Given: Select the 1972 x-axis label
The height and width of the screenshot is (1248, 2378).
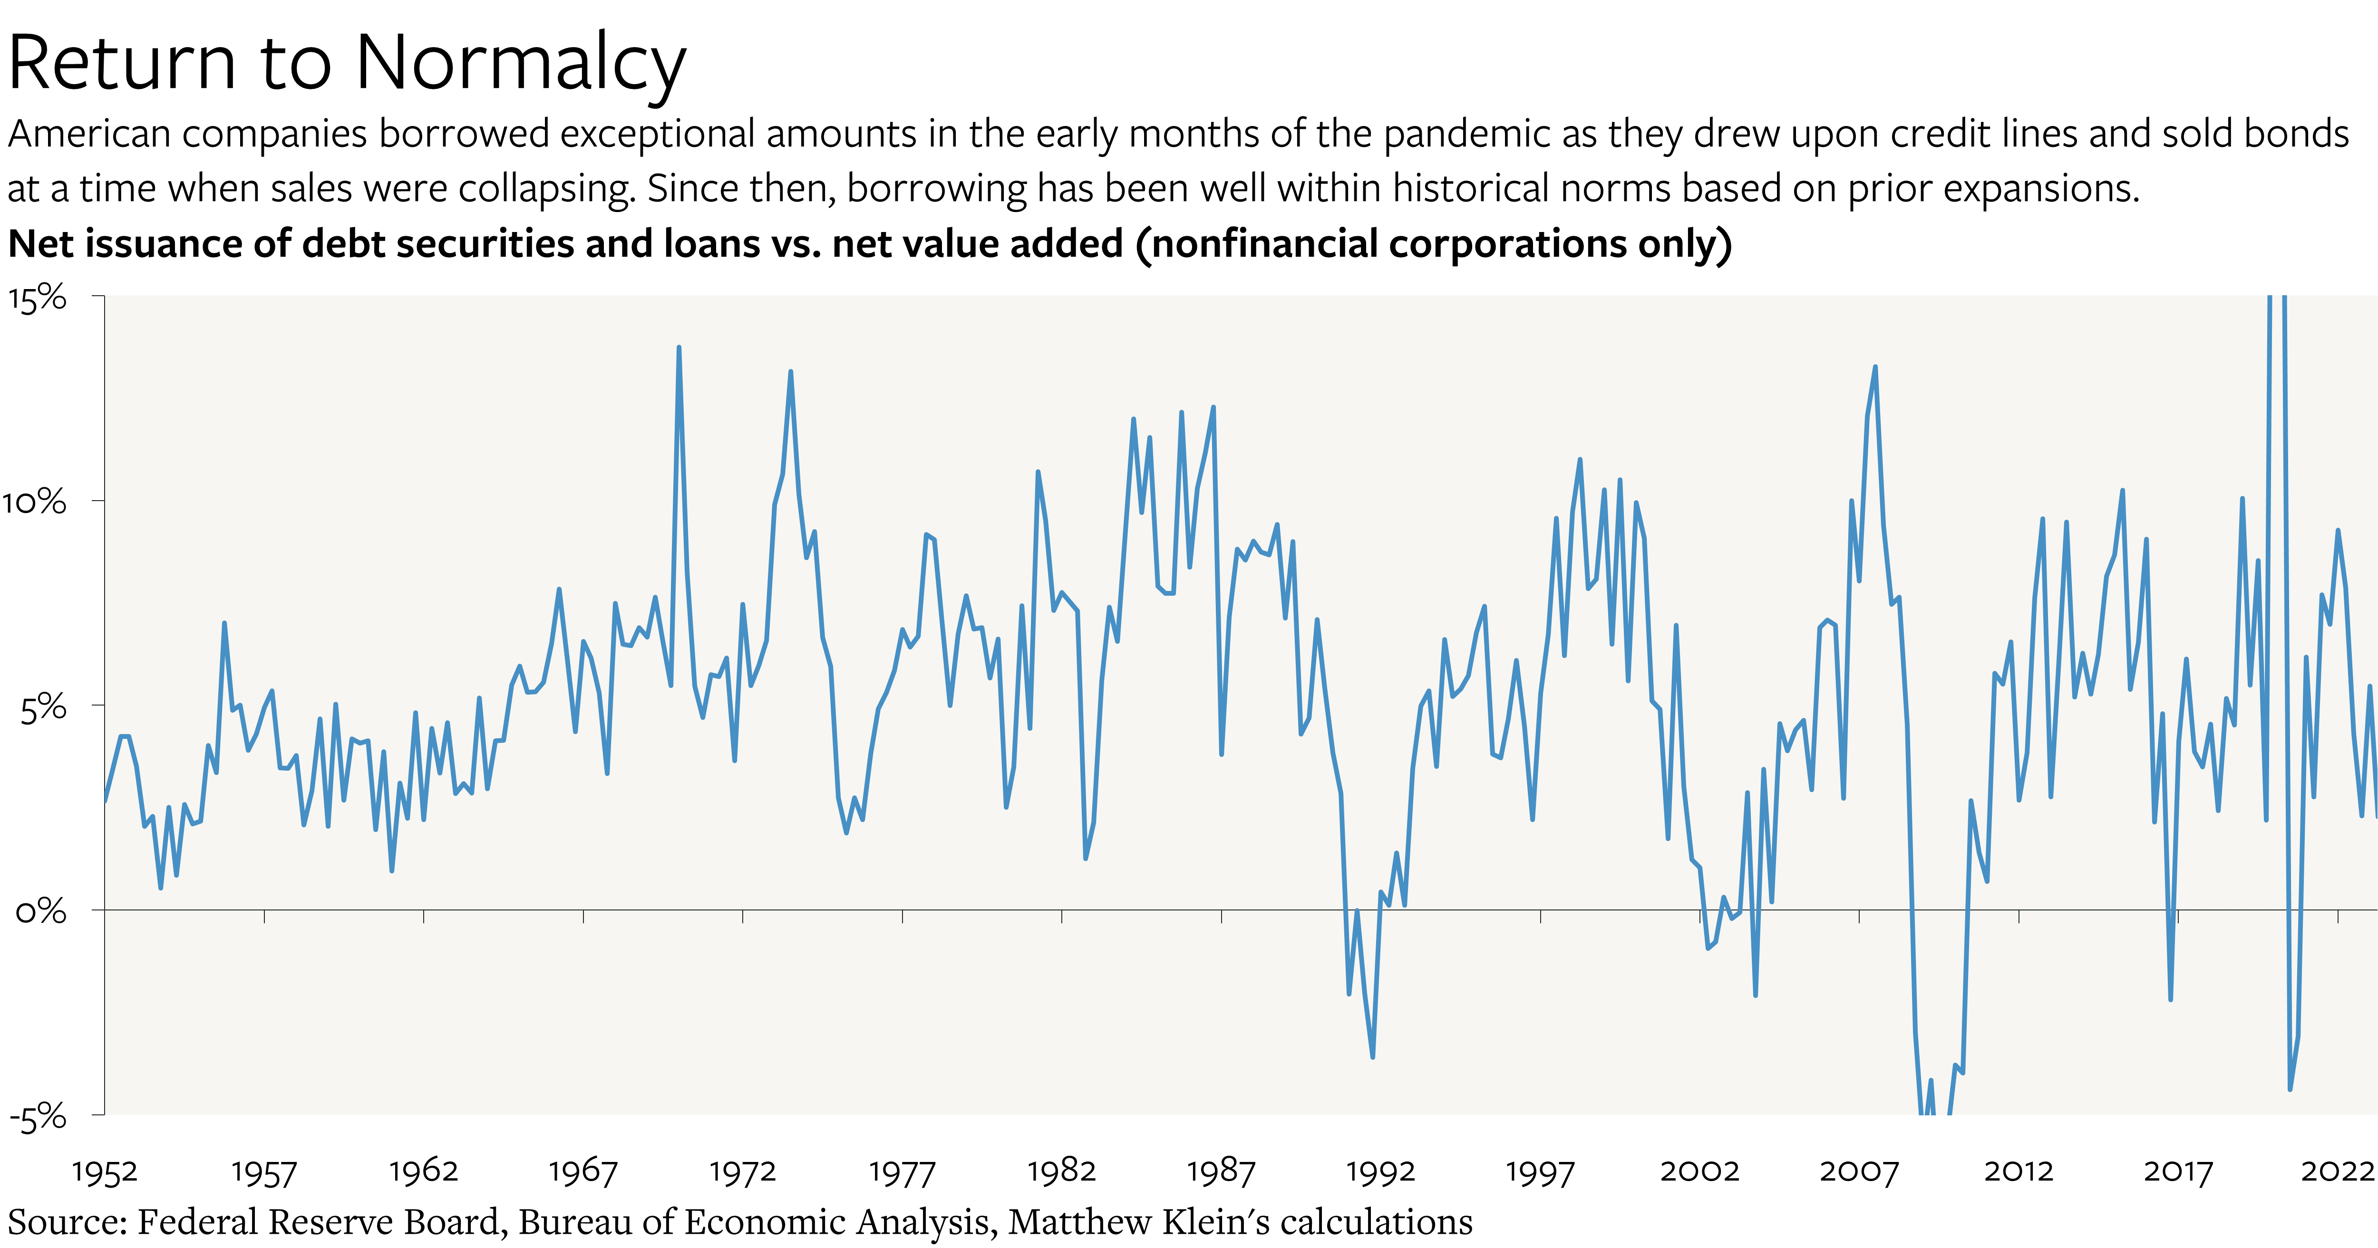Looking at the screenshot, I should pyautogui.click(x=742, y=1171).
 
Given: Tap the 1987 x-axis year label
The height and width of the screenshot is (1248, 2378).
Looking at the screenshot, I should pyautogui.click(x=1221, y=1171).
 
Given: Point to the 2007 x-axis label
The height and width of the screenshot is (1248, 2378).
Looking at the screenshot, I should pyautogui.click(x=1858, y=1171).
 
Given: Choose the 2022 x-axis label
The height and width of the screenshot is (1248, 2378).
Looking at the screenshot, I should pyautogui.click(x=2337, y=1171).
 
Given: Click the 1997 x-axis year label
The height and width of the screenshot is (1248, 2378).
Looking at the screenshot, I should pyautogui.click(x=1540, y=1171).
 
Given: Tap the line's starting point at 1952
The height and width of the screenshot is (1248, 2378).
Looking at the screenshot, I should pyautogui.click(x=105, y=801).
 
